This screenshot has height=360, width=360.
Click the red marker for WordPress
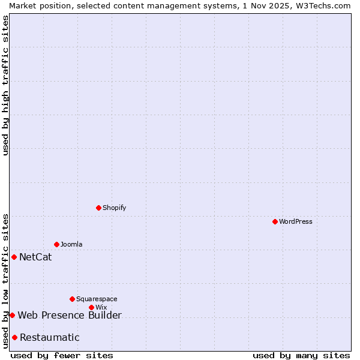tap(275, 221)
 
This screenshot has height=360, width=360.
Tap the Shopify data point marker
tap(99, 208)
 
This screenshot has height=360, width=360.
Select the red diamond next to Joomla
tap(57, 244)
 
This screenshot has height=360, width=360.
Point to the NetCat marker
tap(14, 257)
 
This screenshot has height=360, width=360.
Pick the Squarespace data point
tap(73, 299)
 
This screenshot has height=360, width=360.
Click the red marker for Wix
tap(92, 307)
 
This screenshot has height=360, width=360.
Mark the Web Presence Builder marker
tap(12, 315)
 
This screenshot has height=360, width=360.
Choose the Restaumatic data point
tap(15, 337)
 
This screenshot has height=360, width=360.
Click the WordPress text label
tap(295, 221)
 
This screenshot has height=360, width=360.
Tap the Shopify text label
tap(114, 208)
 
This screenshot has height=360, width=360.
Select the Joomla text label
tap(71, 244)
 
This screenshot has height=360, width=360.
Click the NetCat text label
tap(35, 257)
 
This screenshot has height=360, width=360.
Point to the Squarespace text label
tap(97, 299)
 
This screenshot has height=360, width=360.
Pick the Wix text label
tap(101, 307)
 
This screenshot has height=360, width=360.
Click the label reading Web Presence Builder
tap(70, 316)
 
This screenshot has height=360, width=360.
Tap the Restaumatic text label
tap(49, 338)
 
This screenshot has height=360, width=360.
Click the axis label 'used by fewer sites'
tap(62, 355)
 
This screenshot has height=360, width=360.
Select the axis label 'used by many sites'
tap(301, 355)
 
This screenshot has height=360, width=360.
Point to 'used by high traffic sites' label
tap(5, 85)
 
